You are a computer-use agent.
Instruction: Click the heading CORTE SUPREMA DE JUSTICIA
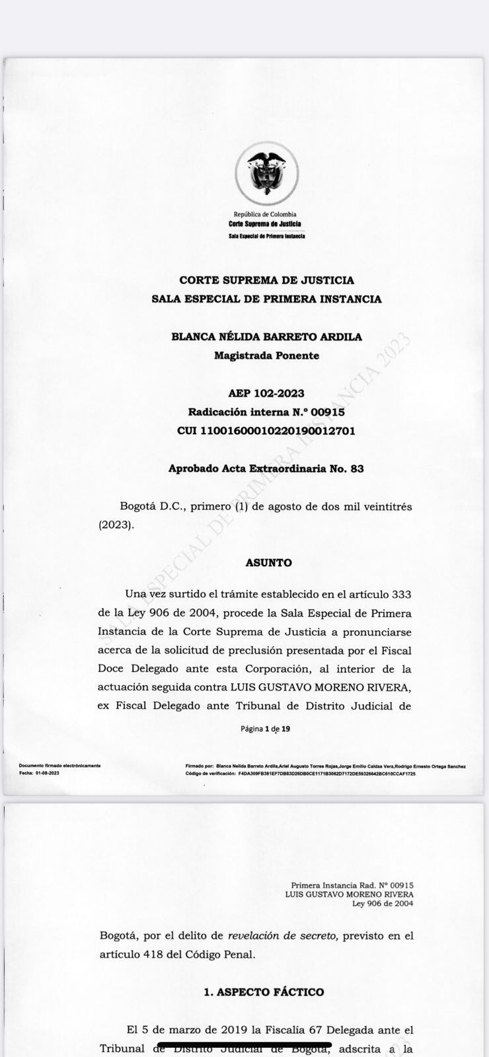266,280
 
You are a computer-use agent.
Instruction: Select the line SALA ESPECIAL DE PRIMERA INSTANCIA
266,299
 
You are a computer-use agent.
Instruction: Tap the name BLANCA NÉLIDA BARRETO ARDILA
266,336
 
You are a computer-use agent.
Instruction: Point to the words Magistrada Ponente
266,355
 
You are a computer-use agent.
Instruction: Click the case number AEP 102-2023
266,393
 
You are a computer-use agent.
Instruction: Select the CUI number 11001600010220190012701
266,431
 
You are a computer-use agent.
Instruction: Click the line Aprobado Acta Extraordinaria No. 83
266,468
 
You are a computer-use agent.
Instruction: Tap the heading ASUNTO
268,563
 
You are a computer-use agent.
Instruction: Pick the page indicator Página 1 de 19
266,729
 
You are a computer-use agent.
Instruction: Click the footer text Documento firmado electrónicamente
60,766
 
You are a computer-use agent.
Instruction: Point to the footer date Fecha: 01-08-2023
40,772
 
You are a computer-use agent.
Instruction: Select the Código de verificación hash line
301,772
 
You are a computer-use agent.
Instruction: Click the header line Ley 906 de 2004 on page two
383,903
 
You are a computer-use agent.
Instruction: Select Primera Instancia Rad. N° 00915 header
352,885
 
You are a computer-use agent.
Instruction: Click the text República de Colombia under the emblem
265,214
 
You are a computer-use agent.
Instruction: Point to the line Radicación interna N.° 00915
266,412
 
